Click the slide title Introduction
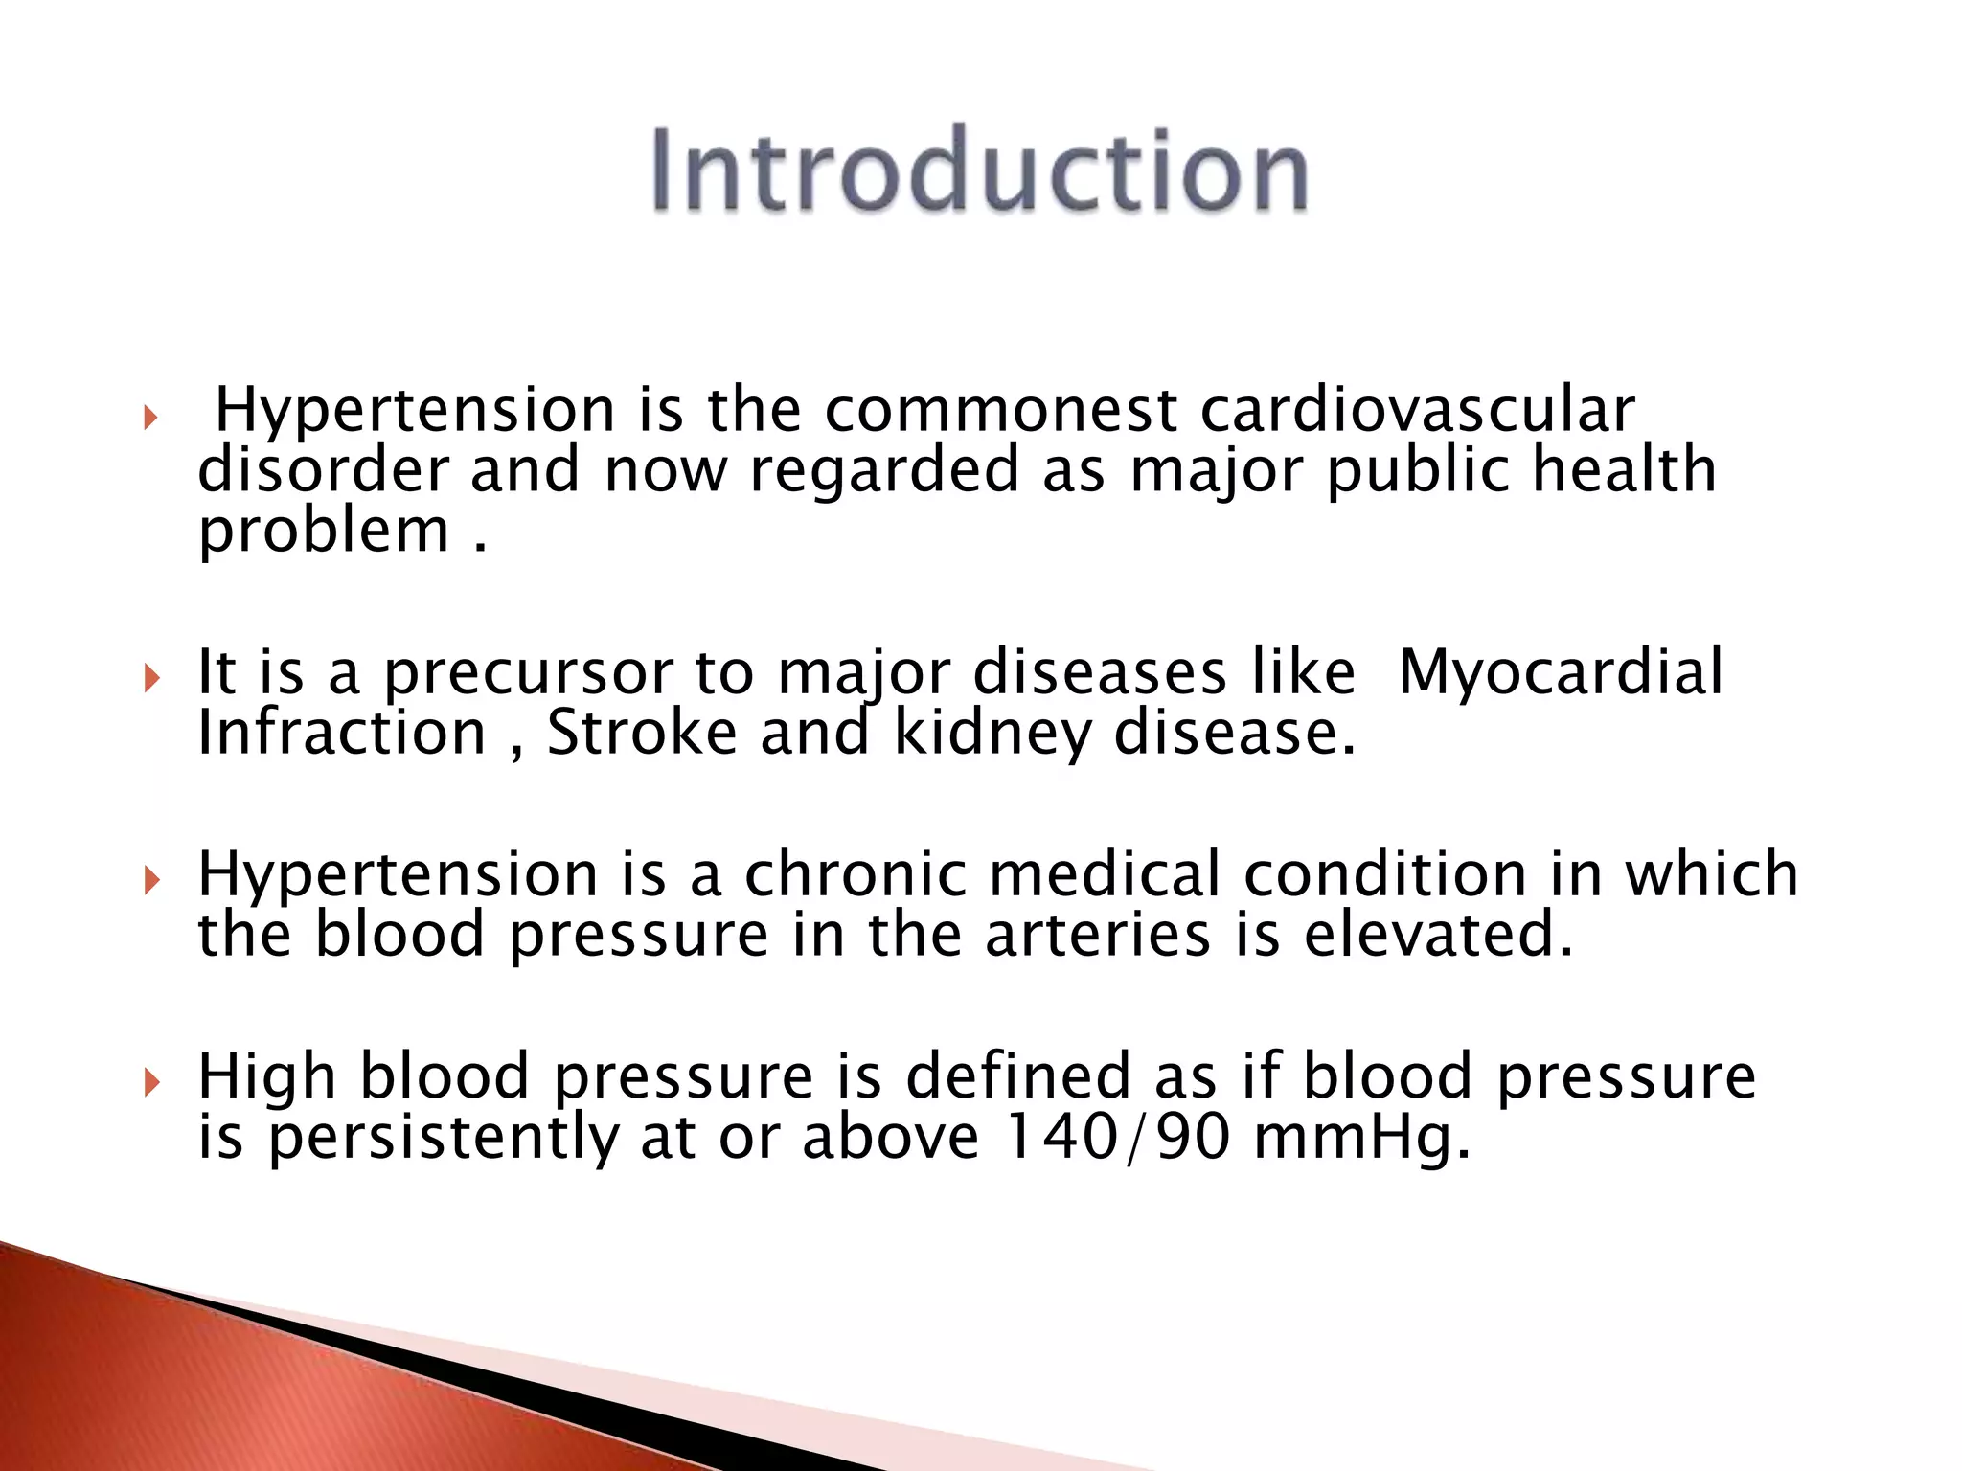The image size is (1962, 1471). pos(979,170)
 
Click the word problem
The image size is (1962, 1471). pos(323,532)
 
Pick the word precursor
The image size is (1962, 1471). pos(529,674)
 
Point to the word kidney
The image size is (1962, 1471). pos(992,735)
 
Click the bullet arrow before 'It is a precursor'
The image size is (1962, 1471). pos(150,679)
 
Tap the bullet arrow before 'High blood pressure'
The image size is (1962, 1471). pos(150,1083)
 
